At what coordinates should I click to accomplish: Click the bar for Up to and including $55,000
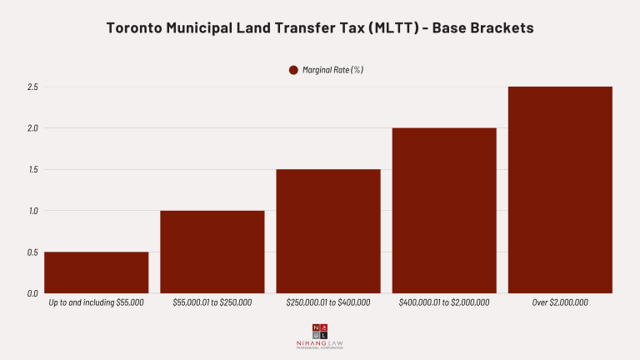click(96, 272)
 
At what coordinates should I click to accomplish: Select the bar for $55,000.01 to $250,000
click(212, 252)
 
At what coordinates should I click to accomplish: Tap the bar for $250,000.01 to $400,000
click(328, 231)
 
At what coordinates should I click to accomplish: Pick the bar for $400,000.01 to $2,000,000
click(444, 210)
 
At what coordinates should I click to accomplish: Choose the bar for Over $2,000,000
click(560, 190)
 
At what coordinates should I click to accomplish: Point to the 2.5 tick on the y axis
click(32, 87)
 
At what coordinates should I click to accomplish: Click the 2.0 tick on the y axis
click(32, 128)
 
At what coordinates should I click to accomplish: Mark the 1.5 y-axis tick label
click(32, 169)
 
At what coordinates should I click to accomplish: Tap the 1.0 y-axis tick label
click(32, 211)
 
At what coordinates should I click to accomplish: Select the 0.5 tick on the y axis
click(32, 252)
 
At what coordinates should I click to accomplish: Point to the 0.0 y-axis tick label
click(32, 293)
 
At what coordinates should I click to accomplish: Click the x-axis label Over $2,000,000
click(560, 302)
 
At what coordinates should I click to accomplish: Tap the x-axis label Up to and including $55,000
click(97, 302)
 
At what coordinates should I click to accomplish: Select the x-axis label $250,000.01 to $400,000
click(328, 302)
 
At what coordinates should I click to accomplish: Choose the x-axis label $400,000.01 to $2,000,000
click(444, 302)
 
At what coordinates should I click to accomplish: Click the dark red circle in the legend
click(293, 70)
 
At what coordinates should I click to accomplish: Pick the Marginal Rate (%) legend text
click(332, 70)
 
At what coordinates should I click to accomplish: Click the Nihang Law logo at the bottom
click(320, 335)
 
